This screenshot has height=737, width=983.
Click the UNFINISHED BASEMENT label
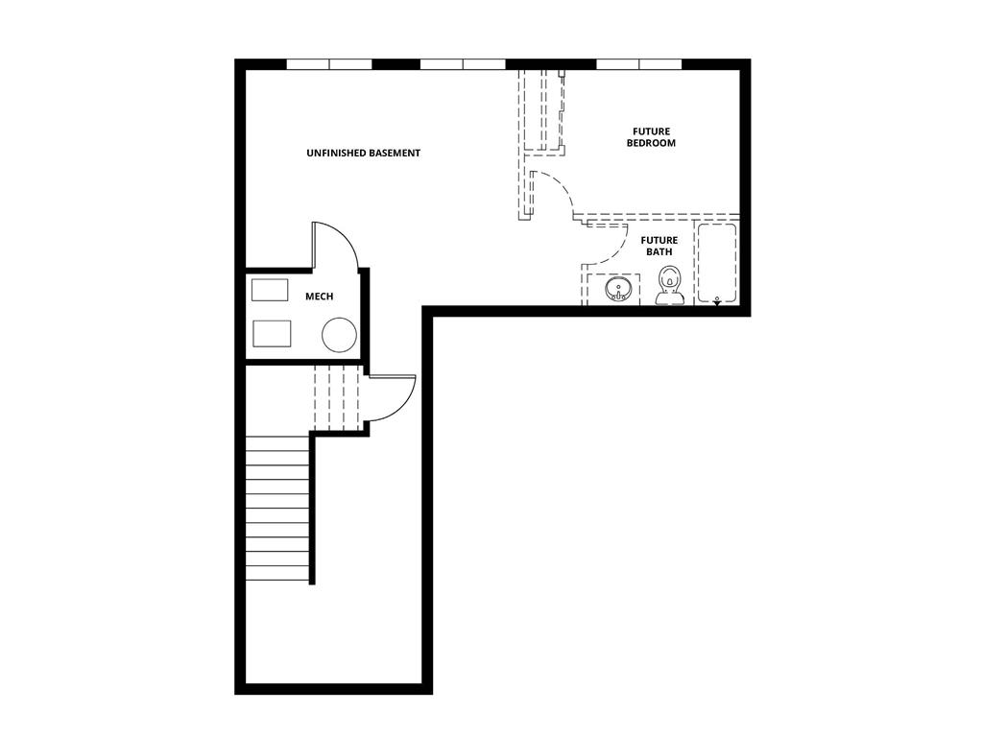363,154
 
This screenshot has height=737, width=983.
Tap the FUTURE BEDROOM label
651,137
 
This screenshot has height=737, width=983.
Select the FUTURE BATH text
659,247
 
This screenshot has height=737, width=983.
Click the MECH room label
319,297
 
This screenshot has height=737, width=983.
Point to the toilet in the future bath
669,287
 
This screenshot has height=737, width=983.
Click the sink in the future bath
617,288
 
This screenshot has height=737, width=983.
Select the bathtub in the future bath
716,263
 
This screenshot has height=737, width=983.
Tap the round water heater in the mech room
339,335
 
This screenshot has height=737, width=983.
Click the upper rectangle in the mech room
270,290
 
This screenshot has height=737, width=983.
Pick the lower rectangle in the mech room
271,333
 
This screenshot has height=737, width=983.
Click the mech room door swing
334,246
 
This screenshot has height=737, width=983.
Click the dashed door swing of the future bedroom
552,195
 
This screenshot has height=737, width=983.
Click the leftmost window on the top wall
329,64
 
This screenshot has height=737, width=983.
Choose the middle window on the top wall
463,64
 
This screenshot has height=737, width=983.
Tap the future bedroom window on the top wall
638,64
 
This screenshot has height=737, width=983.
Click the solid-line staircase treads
277,509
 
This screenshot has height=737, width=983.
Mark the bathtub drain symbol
717,300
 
